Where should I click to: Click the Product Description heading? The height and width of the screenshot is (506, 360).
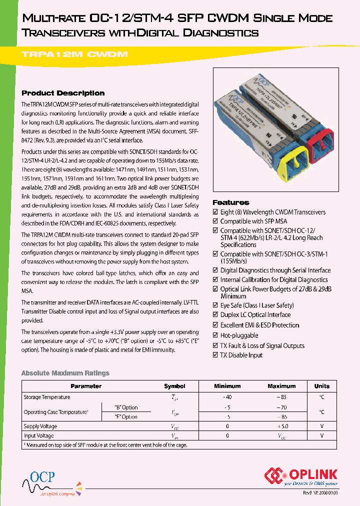(x=63, y=93)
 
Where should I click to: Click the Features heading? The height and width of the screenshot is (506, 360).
(x=231, y=202)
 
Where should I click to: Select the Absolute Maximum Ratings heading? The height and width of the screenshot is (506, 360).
(x=65, y=373)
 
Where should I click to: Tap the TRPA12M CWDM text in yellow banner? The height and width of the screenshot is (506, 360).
(x=75, y=54)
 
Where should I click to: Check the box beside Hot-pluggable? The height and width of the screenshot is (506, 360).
(x=215, y=335)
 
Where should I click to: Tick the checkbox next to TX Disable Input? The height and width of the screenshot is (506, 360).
(x=215, y=355)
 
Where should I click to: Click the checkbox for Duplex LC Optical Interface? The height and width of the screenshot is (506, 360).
(x=215, y=315)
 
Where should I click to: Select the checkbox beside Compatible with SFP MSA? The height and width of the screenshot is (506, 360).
(x=215, y=221)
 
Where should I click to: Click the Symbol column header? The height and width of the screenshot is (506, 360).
(x=174, y=386)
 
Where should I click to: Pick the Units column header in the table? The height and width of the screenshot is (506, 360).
(x=321, y=386)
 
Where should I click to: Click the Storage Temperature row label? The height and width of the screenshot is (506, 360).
(x=47, y=397)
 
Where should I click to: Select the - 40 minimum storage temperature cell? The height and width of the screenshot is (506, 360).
(x=227, y=397)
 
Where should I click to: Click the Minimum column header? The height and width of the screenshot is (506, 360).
(x=227, y=386)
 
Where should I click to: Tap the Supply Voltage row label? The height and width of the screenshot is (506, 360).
(x=40, y=426)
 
